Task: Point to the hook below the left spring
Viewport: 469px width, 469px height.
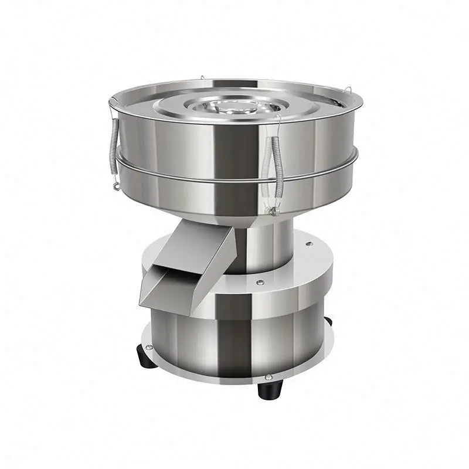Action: point(116,186)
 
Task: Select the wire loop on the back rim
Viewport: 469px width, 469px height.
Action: point(201,77)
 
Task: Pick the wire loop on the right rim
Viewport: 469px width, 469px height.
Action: point(348,93)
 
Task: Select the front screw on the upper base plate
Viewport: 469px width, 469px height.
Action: point(259,284)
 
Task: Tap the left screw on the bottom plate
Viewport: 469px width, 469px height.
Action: point(150,348)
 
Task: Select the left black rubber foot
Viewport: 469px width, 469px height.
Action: point(145,357)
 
